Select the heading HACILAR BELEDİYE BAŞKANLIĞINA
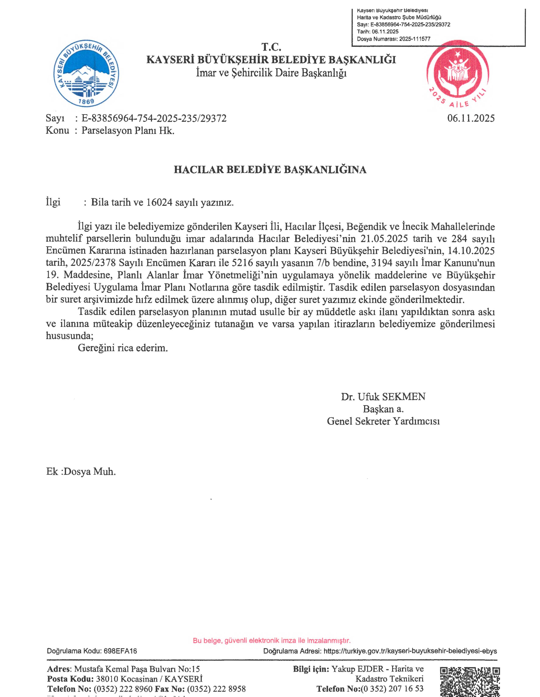pos(270,170)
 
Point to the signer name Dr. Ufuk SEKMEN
pos(383,397)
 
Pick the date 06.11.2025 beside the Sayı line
pos(471,118)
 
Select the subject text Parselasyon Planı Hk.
pos(128,131)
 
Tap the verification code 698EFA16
pos(120,651)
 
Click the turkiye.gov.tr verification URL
pos(410,651)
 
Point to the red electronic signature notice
pos(272,640)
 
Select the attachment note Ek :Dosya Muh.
pos(81,471)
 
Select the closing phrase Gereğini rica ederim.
pos(123,348)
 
